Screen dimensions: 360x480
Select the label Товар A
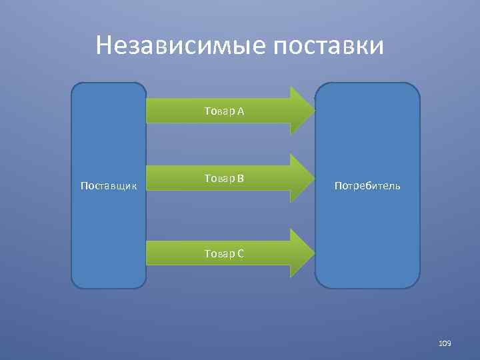tap(225, 111)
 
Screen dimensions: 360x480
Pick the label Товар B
tap(225, 178)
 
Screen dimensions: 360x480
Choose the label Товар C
tap(225, 253)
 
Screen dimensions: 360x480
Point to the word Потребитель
tap(367, 185)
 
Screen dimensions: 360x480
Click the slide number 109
tap(445, 343)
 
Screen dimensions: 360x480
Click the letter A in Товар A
tap(240, 111)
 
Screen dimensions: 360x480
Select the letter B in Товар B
tap(240, 178)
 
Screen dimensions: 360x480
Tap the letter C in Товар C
tap(240, 253)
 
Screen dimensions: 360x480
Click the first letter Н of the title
tap(104, 46)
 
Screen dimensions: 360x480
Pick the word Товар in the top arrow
tap(219, 111)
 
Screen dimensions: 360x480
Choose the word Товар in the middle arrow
tap(219, 178)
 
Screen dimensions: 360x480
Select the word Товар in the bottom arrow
tap(219, 253)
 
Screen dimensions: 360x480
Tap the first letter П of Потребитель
tap(338, 185)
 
